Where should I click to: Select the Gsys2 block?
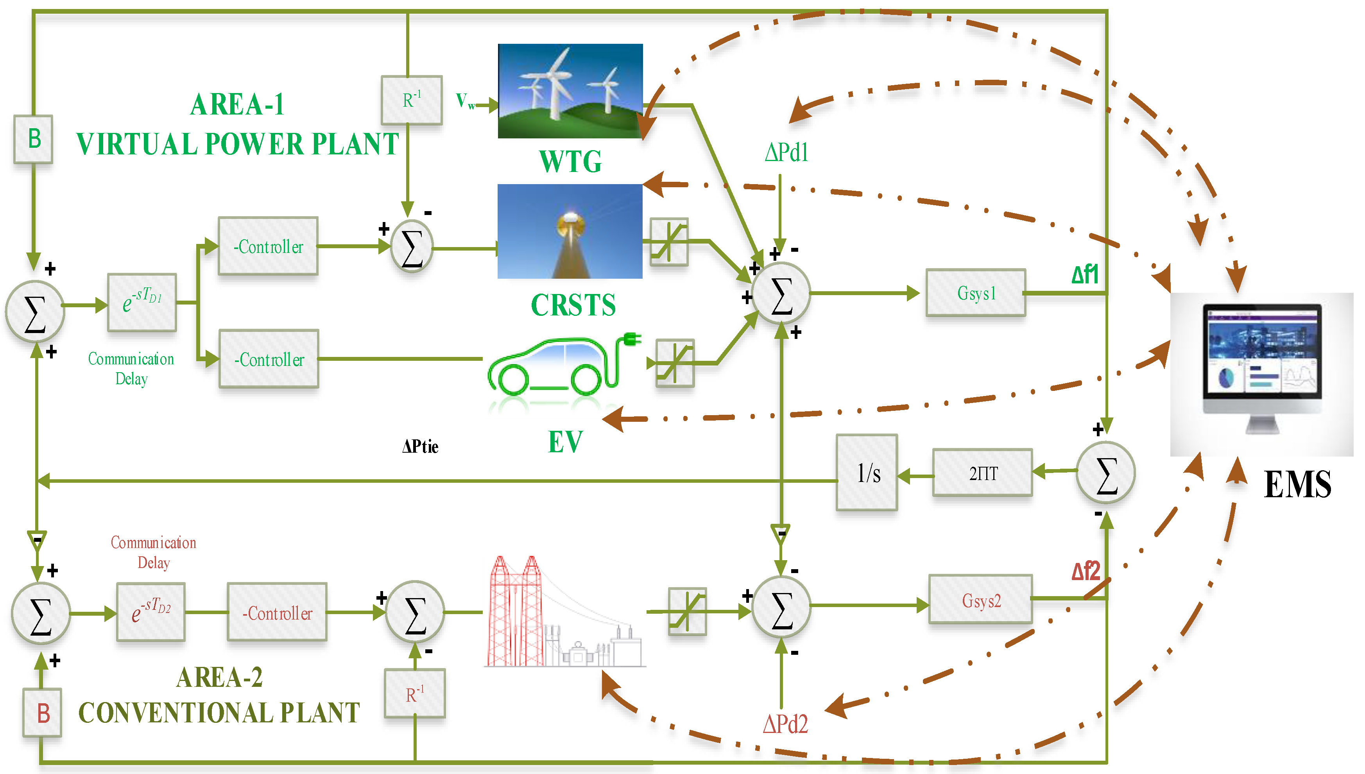tap(981, 600)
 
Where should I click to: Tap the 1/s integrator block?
tap(867, 473)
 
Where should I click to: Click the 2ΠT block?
tap(982, 473)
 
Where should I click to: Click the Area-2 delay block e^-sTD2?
tap(151, 612)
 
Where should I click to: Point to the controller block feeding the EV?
tap(269, 359)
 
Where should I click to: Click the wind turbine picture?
tap(570, 91)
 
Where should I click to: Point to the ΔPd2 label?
tap(785, 724)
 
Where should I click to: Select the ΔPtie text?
tap(420, 446)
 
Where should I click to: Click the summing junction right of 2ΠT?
tap(1105, 473)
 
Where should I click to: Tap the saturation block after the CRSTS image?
tap(669, 242)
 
